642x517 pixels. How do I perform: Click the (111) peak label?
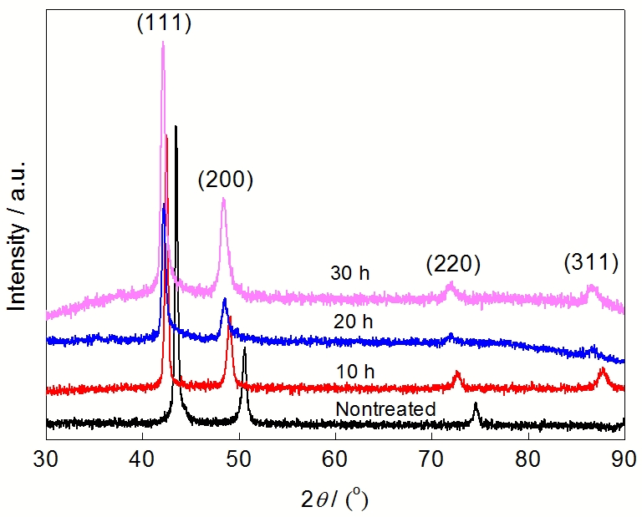point(165,23)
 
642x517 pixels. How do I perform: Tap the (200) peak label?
point(225,180)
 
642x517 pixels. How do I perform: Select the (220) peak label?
point(453,265)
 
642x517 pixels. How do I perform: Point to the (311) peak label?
point(590,263)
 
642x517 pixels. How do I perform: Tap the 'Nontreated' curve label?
point(385,409)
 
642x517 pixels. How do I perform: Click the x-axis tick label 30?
point(46,457)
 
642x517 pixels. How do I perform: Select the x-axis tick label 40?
point(142,457)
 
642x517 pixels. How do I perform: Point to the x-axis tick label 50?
point(239,457)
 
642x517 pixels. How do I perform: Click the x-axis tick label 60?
point(335,457)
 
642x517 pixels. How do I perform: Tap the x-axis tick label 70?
point(431,457)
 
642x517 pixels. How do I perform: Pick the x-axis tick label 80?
point(528,457)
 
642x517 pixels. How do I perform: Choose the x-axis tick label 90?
point(624,457)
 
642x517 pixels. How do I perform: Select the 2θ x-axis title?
point(334,499)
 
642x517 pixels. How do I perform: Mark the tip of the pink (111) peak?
point(162,43)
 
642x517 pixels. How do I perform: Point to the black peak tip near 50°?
point(244,349)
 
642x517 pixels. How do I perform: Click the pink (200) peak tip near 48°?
point(224,199)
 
